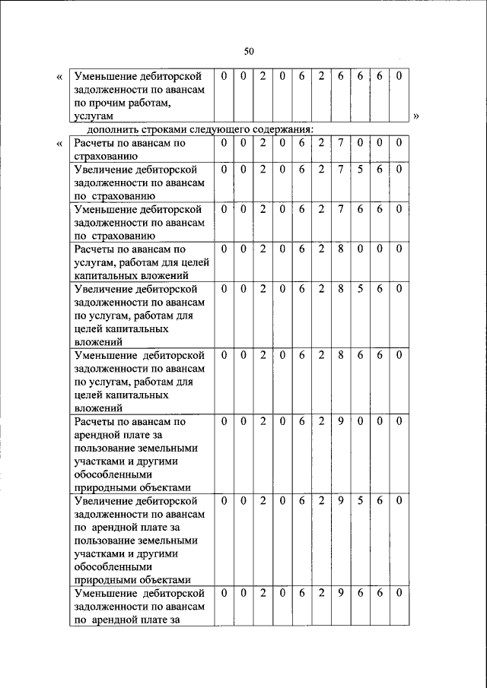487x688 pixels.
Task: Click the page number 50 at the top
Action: tap(249, 51)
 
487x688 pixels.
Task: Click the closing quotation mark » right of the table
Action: tap(416, 116)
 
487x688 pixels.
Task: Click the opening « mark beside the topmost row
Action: tap(60, 78)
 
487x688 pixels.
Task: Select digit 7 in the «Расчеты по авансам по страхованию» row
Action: tap(340, 143)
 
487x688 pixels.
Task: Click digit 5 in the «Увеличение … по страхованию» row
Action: tap(359, 169)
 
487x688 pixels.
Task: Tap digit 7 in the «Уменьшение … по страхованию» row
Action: tap(340, 208)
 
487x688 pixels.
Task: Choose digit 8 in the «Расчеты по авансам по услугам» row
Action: tap(340, 249)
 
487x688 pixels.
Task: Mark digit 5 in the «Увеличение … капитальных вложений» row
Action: tap(359, 289)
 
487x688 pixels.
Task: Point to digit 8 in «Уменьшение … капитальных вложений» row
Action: tap(340, 355)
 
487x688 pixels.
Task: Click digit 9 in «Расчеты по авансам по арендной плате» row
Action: tap(340, 421)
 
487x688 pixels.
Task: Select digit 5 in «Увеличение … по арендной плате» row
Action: tap(359, 501)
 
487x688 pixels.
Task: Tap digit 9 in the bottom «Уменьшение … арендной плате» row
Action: tap(340, 592)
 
